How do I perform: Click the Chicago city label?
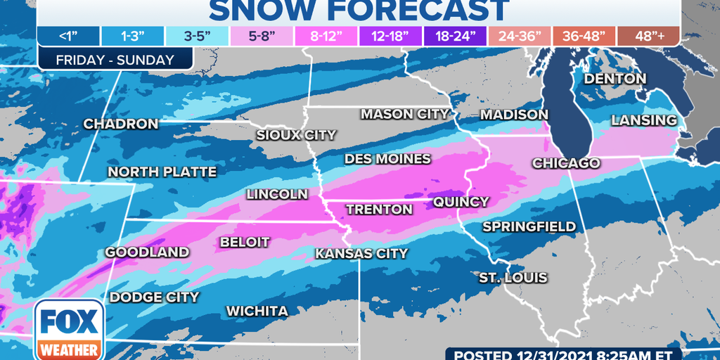(566, 163)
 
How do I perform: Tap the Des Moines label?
(387, 159)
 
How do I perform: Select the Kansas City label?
(361, 253)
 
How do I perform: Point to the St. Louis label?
(513, 278)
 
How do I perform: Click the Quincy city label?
(461, 202)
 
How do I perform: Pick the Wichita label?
(257, 311)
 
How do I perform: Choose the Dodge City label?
(154, 297)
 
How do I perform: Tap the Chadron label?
(121, 124)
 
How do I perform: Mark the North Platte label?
(162, 172)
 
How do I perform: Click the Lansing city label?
(643, 120)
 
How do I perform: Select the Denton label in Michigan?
(615, 79)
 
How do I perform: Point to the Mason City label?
(404, 113)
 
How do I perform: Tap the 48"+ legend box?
(648, 36)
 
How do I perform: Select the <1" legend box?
(69, 36)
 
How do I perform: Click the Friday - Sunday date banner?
(115, 60)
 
